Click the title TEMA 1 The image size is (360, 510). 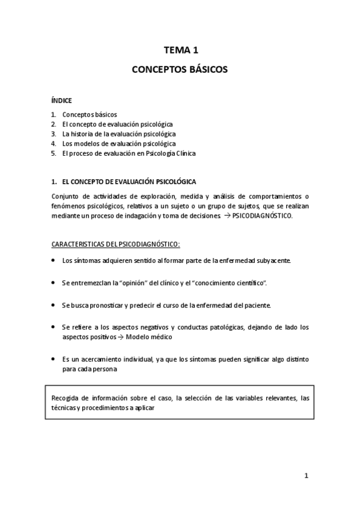180,52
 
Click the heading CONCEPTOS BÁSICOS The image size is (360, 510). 180,70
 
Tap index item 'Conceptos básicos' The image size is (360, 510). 90,114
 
